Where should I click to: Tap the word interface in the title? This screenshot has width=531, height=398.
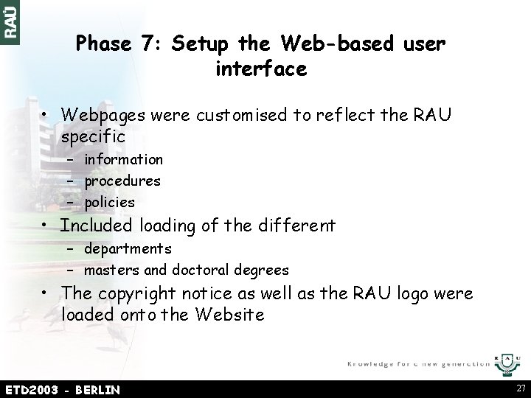pyautogui.click(x=261, y=70)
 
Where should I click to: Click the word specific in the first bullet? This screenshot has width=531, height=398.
pyautogui.click(x=94, y=136)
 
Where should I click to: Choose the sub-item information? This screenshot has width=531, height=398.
pyautogui.click(x=123, y=159)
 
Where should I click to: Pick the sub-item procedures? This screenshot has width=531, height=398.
pyautogui.click(x=122, y=181)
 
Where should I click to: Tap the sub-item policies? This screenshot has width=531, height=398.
pyautogui.click(x=109, y=202)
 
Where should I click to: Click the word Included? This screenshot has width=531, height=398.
pyautogui.click(x=97, y=225)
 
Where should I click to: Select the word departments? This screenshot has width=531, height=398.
pyautogui.click(x=128, y=249)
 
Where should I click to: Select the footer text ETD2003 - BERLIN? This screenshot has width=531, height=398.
pyautogui.click(x=62, y=389)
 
